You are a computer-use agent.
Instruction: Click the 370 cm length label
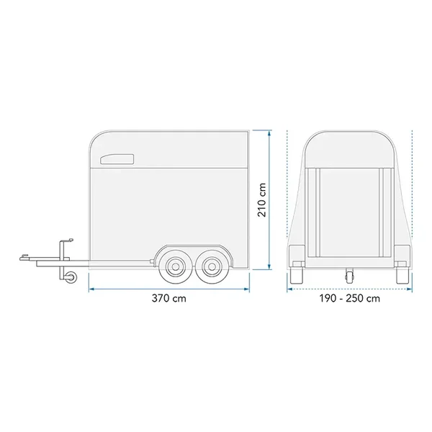pyautogui.click(x=169, y=298)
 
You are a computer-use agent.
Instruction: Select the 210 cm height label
pyautogui.click(x=262, y=199)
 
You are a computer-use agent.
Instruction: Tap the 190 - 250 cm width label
pyautogui.click(x=350, y=298)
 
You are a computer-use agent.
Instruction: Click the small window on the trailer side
pyautogui.click(x=117, y=160)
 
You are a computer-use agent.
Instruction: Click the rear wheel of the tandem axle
pyautogui.click(x=211, y=266)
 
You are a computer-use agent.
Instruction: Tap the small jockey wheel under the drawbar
pyautogui.click(x=73, y=276)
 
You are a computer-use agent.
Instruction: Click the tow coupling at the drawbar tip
pyautogui.click(x=24, y=257)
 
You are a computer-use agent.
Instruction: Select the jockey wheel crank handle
pyautogui.click(x=67, y=240)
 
